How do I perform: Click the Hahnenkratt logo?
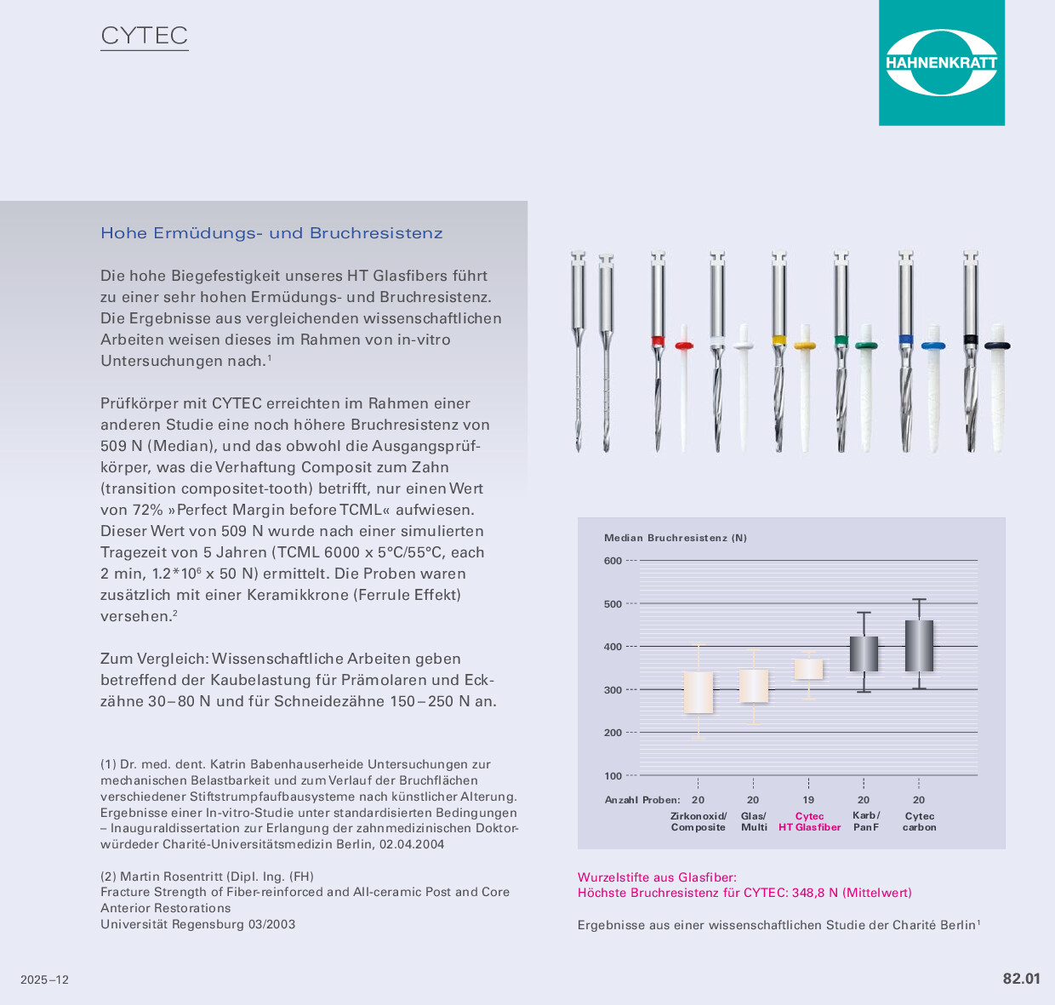tap(941, 63)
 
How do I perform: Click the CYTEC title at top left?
tap(145, 36)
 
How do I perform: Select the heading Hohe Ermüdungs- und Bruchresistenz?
tap(271, 233)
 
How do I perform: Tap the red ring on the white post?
tap(684, 345)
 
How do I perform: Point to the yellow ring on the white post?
tap(805, 346)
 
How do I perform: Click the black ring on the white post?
tap(997, 345)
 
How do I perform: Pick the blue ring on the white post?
tap(933, 346)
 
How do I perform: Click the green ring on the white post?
tap(866, 345)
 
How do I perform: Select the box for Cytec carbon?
tap(919, 646)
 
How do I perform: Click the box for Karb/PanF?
tap(864, 654)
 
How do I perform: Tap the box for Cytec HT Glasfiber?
tap(808, 669)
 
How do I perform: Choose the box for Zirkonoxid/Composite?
tap(699, 693)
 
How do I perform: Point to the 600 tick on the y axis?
tap(613, 561)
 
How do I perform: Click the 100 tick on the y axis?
tap(613, 776)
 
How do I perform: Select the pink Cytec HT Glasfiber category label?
tap(809, 822)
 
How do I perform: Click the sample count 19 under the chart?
tap(808, 800)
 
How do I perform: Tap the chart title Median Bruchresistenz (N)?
tap(676, 538)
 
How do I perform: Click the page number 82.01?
tap(1021, 979)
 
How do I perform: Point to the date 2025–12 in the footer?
tap(45, 980)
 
